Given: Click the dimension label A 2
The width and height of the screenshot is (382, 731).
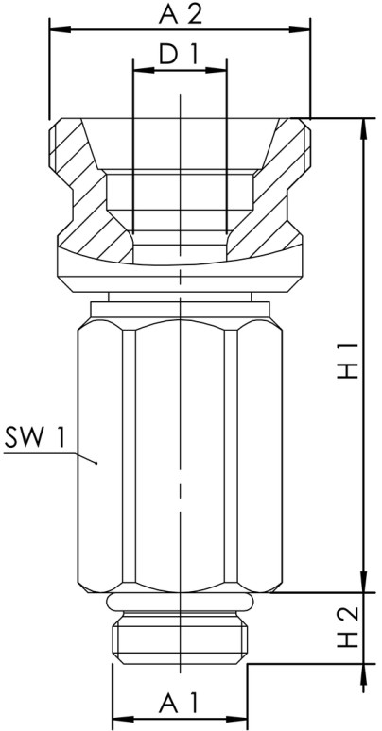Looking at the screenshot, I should pos(179,13).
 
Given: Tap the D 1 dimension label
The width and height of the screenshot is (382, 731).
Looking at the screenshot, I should pos(179,57).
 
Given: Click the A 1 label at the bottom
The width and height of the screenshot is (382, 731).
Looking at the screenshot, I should pos(179,704).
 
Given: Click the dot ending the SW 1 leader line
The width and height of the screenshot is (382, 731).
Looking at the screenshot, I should pos(97,461).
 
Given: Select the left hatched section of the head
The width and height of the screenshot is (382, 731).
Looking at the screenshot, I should pos(85,189).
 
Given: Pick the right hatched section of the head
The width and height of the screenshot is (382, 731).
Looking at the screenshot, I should pos(274,189).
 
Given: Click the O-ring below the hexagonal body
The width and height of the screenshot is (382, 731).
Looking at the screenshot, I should pos(179,603).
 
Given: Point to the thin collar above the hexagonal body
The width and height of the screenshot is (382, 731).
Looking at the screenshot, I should pos(179,297).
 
